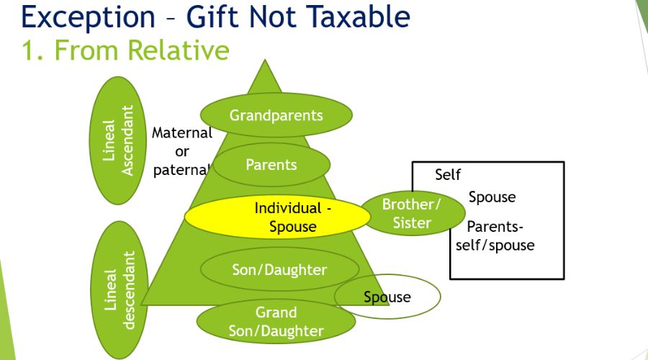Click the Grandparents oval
(x=276, y=115)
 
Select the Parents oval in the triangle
(x=271, y=165)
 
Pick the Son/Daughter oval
(x=279, y=270)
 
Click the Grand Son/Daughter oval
(x=276, y=322)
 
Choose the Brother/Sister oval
(x=412, y=214)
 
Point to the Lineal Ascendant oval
(x=119, y=140)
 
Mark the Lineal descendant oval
(x=120, y=289)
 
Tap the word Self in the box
(x=448, y=175)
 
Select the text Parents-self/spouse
(x=495, y=236)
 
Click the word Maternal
(x=182, y=133)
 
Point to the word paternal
(x=181, y=171)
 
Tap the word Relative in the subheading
(x=179, y=50)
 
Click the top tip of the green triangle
(x=266, y=62)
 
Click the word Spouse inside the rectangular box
(x=492, y=197)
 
